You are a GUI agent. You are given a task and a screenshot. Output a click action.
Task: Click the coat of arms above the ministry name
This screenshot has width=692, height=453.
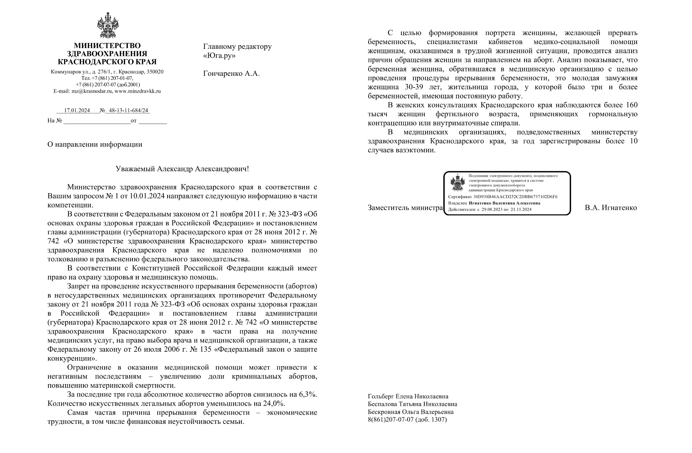tap(107, 26)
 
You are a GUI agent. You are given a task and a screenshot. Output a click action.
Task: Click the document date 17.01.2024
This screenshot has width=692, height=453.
tap(77, 111)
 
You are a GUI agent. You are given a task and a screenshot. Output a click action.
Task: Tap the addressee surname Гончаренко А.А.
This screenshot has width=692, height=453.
tap(231, 74)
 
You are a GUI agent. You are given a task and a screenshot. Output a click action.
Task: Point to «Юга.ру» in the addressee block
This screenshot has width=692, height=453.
tap(219, 56)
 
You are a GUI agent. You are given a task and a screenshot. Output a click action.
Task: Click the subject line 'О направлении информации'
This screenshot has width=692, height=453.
tap(95, 144)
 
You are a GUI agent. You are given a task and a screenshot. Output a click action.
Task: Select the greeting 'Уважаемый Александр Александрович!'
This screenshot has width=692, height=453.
tap(182, 169)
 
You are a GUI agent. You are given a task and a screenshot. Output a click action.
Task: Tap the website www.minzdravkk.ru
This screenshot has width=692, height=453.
tap(137, 91)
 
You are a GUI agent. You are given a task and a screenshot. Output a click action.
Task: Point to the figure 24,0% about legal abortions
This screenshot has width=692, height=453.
tap(275, 404)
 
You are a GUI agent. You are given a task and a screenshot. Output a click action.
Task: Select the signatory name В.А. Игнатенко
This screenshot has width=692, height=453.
tap(611, 208)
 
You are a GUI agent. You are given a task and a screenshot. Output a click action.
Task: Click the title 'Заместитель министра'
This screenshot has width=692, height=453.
tap(405, 208)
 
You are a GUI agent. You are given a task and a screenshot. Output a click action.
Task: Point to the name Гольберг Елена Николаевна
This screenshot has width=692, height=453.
tap(408, 397)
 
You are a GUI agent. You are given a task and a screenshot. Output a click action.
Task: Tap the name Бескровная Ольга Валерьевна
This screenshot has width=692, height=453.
tap(411, 412)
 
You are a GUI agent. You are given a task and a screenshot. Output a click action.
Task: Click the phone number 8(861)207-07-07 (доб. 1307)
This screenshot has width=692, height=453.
tap(407, 419)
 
